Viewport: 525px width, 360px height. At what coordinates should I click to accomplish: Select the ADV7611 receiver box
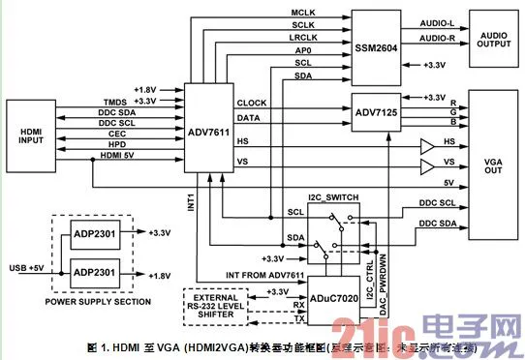[x=210, y=132]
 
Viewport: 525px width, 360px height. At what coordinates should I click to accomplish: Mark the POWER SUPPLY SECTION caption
[x=100, y=302]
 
